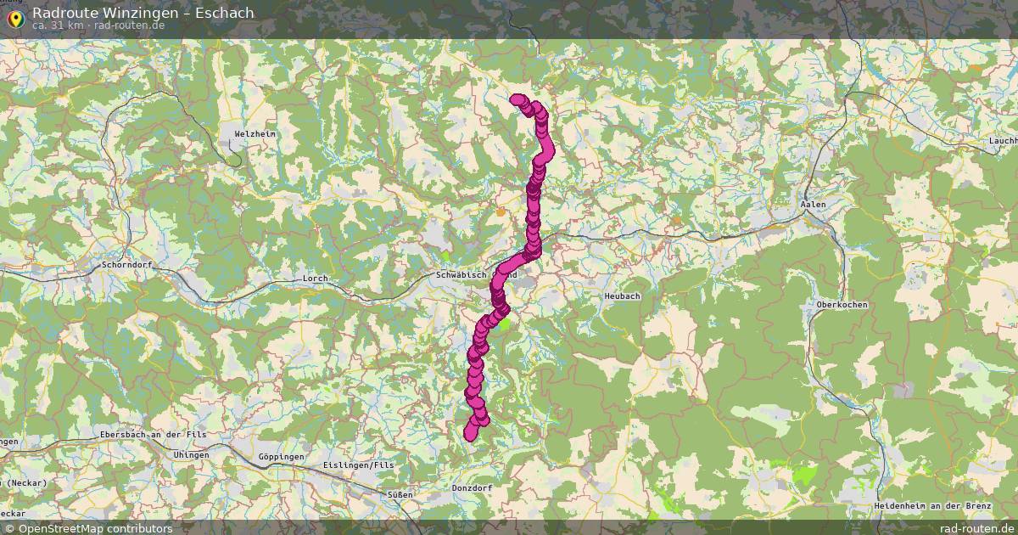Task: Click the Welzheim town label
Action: (255, 134)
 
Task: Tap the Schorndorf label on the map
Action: (126, 265)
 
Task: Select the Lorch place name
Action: (315, 279)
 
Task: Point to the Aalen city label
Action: (813, 205)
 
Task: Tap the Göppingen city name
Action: (280, 457)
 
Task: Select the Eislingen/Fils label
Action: (359, 465)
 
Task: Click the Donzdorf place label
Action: (472, 488)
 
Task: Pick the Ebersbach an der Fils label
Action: (153, 435)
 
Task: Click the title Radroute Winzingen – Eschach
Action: (143, 13)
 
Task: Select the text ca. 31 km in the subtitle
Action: (56, 25)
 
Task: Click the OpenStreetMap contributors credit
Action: (94, 528)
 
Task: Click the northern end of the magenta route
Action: (516, 99)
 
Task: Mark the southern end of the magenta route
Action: (470, 434)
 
